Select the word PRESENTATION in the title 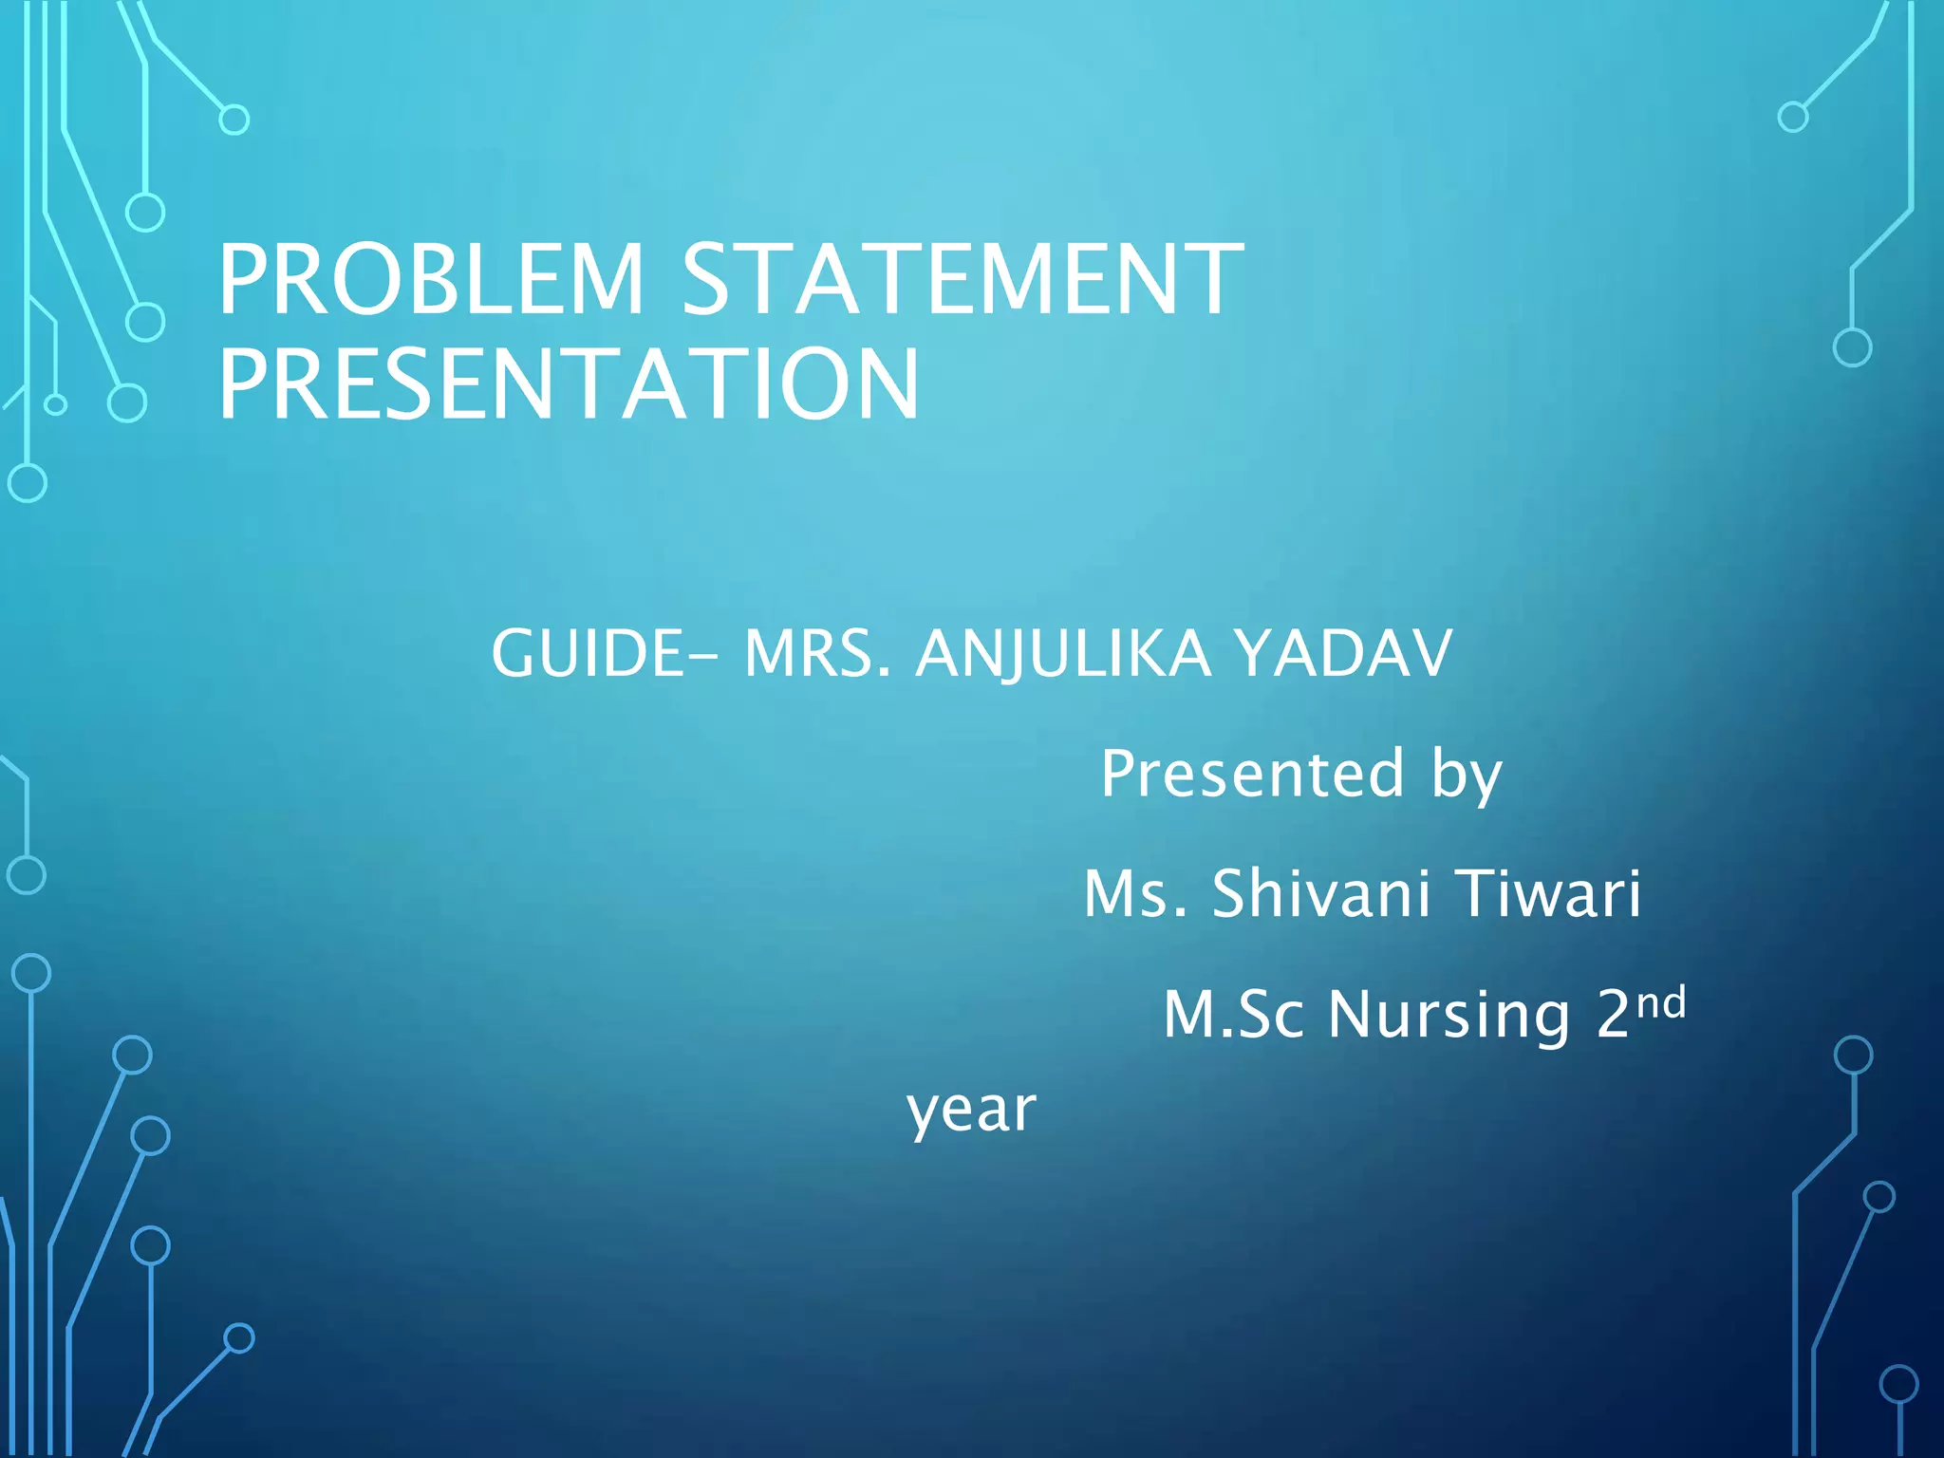pyautogui.click(x=569, y=384)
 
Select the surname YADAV pyautogui.click(x=1343, y=654)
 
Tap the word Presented pyautogui.click(x=1252, y=774)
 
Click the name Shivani pyautogui.click(x=1320, y=894)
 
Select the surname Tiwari pyautogui.click(x=1547, y=894)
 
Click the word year pyautogui.click(x=971, y=1111)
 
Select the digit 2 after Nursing pyautogui.click(x=1614, y=1015)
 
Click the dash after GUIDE pyautogui.click(x=700, y=657)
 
